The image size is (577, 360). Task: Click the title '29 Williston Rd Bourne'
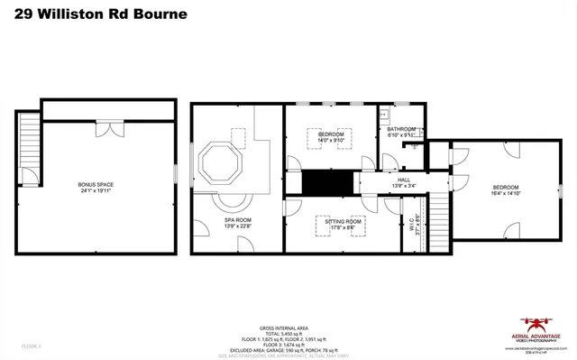tap(95, 14)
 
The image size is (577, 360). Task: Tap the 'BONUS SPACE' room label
tap(96, 184)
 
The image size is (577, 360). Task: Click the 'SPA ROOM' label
tap(238, 220)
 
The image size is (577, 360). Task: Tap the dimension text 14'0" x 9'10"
tap(330, 140)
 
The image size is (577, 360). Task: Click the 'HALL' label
tap(403, 180)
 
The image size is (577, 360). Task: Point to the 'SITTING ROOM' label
tap(343, 221)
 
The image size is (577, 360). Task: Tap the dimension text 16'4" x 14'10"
tap(505, 193)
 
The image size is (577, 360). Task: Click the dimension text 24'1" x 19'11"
tap(96, 191)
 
